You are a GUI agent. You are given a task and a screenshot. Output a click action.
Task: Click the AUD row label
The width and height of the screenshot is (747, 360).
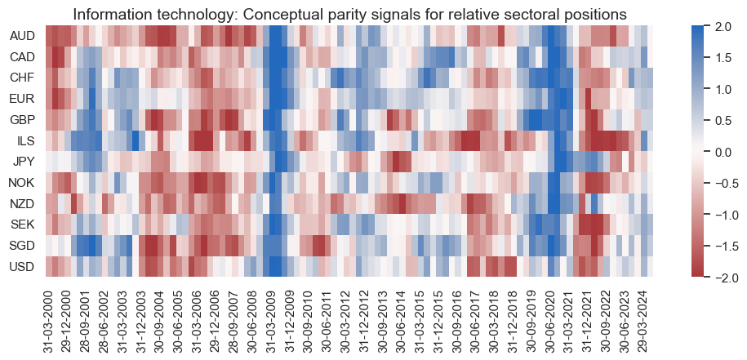tap(22, 37)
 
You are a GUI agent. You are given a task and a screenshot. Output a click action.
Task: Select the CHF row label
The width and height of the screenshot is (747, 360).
tap(22, 78)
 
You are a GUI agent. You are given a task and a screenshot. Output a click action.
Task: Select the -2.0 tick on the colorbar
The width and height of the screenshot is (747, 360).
tap(722, 278)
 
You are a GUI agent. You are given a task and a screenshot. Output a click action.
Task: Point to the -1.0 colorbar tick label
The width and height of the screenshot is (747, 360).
tap(722, 215)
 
